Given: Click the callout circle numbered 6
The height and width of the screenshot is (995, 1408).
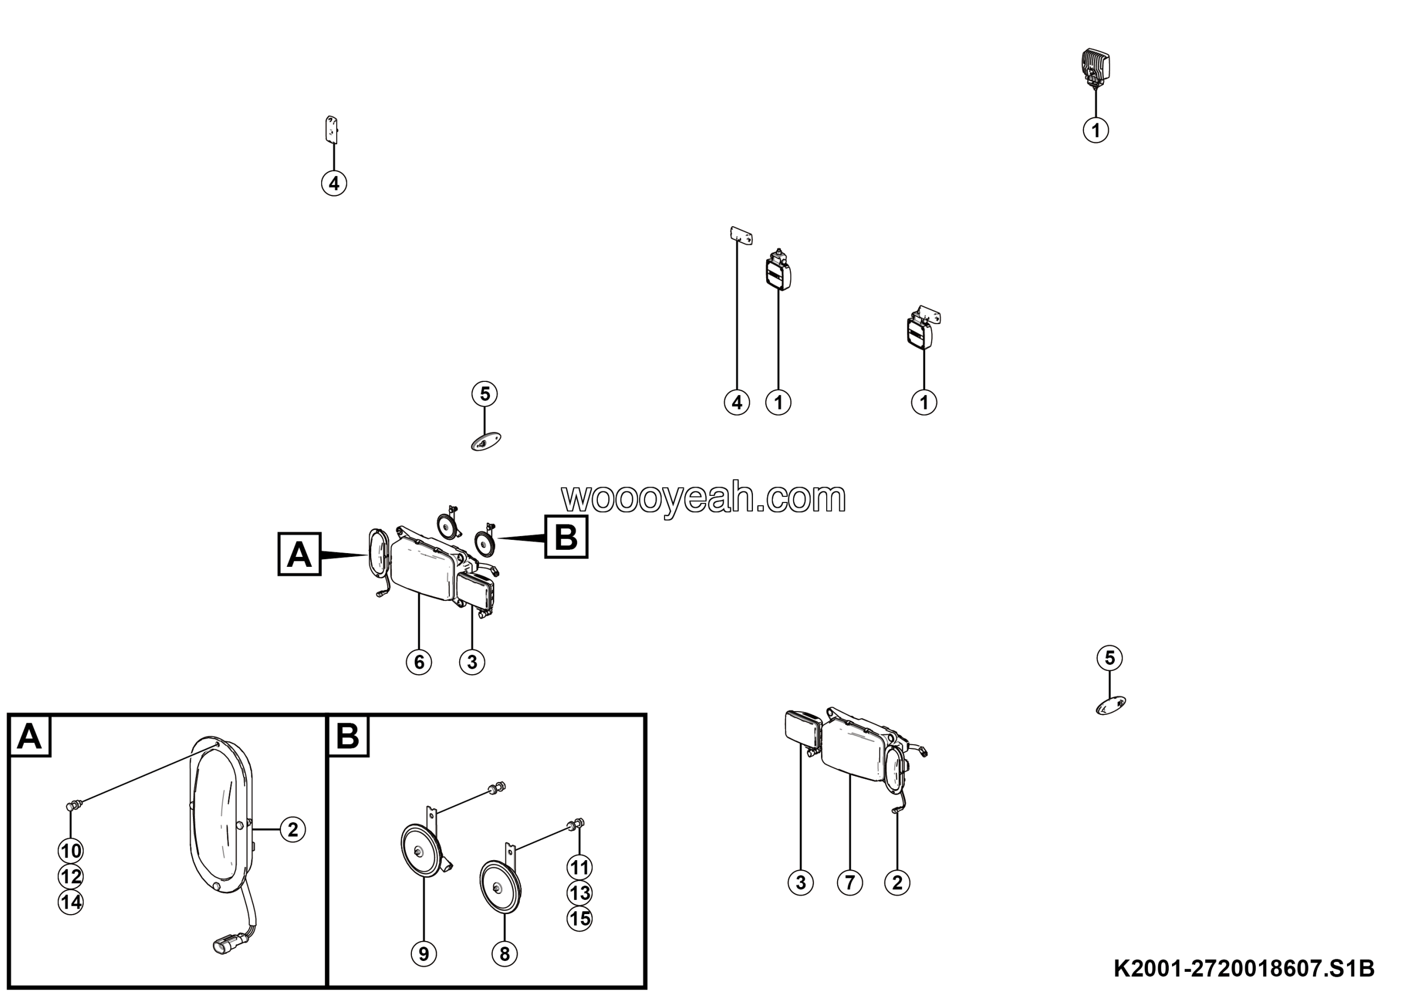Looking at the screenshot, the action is click(419, 662).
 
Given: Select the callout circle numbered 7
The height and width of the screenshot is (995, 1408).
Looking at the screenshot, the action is click(850, 883).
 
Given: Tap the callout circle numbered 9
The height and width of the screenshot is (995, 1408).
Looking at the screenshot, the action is click(424, 954).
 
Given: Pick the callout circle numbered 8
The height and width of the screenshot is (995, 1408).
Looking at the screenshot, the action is click(505, 954).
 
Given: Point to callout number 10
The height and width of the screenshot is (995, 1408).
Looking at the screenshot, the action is click(71, 851).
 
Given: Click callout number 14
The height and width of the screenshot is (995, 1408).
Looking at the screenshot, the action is click(71, 903).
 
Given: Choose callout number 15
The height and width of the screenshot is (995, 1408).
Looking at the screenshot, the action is click(580, 919).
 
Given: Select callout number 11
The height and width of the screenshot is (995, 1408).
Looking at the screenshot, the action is click(580, 867).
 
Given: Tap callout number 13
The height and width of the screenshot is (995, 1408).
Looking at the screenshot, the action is click(580, 893).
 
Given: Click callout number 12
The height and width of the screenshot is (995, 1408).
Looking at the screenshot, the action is click(71, 877).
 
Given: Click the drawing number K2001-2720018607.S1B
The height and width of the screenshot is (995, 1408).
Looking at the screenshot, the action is click(1244, 969).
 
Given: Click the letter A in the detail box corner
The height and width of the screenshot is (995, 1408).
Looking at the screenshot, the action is click(30, 736).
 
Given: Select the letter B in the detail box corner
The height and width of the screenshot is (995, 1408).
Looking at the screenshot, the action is click(348, 736).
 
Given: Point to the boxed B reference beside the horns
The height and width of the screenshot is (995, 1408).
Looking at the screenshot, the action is click(566, 537).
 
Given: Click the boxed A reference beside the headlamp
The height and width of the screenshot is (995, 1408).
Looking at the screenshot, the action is click(299, 555).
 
